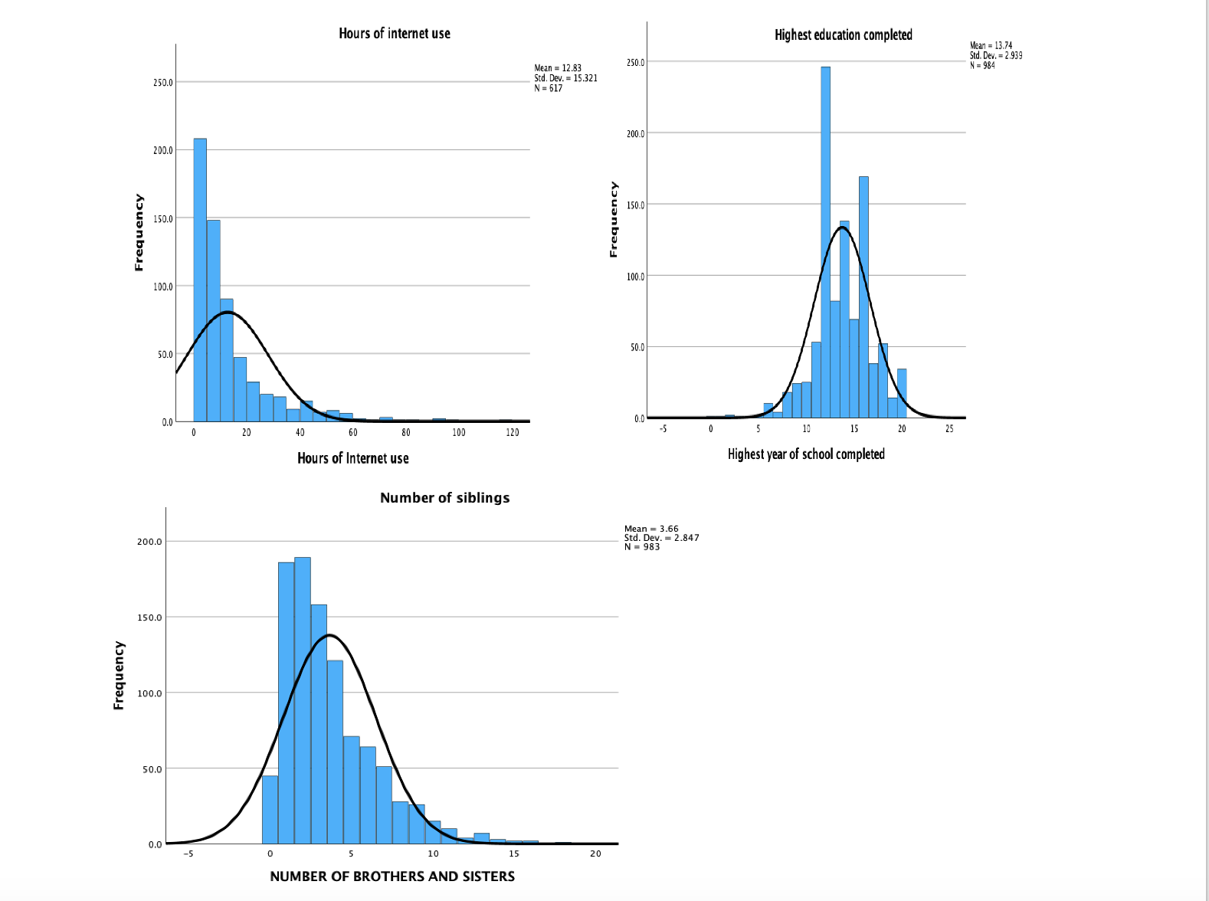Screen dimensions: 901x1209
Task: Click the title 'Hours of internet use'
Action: click(395, 33)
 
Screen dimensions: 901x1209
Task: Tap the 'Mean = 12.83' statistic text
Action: click(558, 68)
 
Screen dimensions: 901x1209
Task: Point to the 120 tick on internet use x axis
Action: click(512, 433)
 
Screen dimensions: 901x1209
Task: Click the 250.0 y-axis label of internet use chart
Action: click(162, 83)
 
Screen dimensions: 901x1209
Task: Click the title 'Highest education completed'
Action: click(843, 34)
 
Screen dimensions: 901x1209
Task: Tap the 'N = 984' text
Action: click(982, 66)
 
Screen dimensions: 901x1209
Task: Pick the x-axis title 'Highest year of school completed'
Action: click(806, 454)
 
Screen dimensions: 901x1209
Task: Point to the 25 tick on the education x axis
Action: click(949, 429)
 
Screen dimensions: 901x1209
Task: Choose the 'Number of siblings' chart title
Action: click(444, 498)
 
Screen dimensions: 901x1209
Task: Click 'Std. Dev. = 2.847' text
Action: click(661, 538)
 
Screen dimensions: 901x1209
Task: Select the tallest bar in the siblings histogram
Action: click(303, 700)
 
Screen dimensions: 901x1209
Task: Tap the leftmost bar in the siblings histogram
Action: click(270, 810)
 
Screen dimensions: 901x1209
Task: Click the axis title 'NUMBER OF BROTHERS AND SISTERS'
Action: click(392, 876)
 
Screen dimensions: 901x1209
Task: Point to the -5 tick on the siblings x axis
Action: click(188, 853)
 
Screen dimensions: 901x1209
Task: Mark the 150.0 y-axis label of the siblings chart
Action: click(150, 618)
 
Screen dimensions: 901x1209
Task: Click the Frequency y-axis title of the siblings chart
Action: click(119, 675)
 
